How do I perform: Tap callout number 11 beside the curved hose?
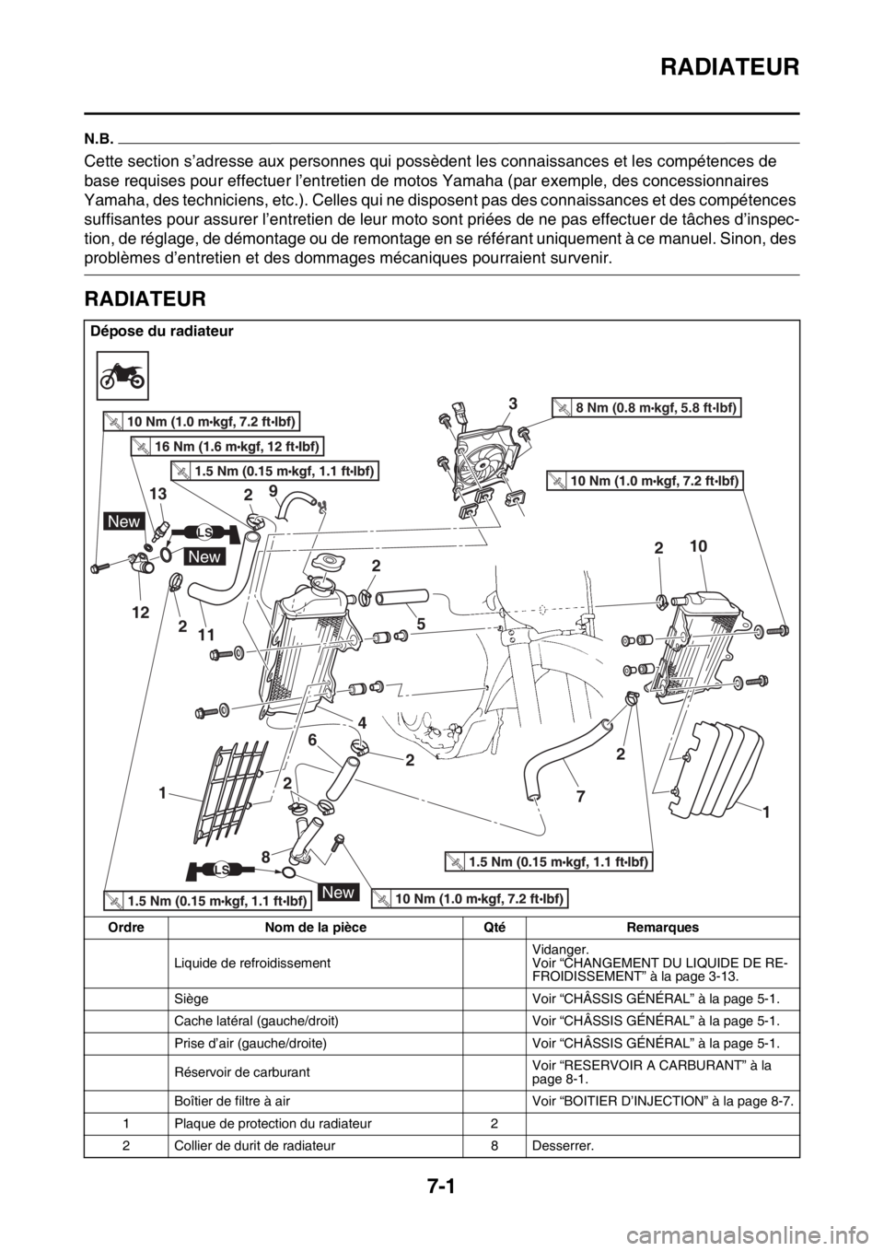coord(206,635)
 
